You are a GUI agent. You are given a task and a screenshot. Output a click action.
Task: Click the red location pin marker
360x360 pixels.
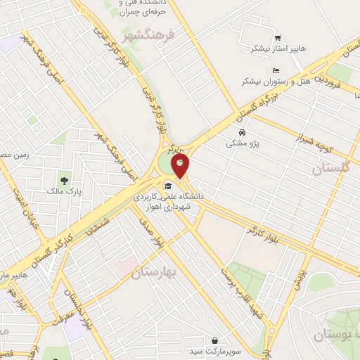pos(181,167)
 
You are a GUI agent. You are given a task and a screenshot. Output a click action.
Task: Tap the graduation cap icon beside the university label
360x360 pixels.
pos(168,186)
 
